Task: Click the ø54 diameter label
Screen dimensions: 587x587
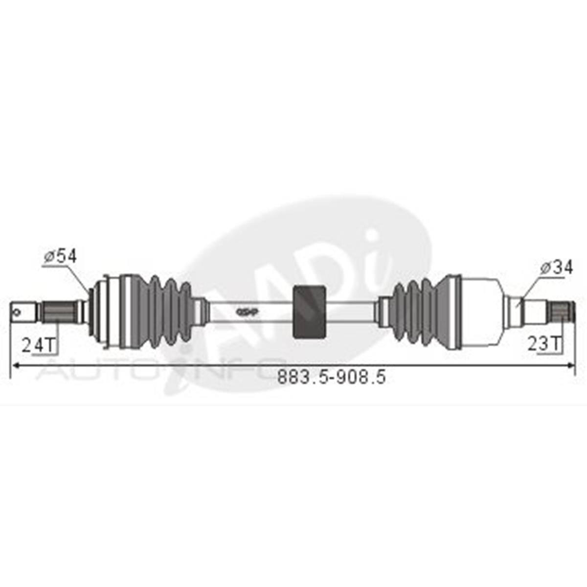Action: click(x=60, y=256)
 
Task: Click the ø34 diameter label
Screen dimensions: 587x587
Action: click(x=557, y=268)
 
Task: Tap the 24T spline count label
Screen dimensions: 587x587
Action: click(x=39, y=345)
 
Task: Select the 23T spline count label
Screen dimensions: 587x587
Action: click(x=544, y=344)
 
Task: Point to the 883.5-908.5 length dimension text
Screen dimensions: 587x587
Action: click(x=332, y=377)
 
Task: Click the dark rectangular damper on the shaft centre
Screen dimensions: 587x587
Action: click(x=309, y=311)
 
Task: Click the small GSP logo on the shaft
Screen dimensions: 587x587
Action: click(x=247, y=312)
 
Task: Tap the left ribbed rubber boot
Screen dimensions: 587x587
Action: click(x=161, y=311)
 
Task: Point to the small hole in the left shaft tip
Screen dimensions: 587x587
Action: click(x=18, y=310)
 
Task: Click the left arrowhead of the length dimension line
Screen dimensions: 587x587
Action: click(x=15, y=364)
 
